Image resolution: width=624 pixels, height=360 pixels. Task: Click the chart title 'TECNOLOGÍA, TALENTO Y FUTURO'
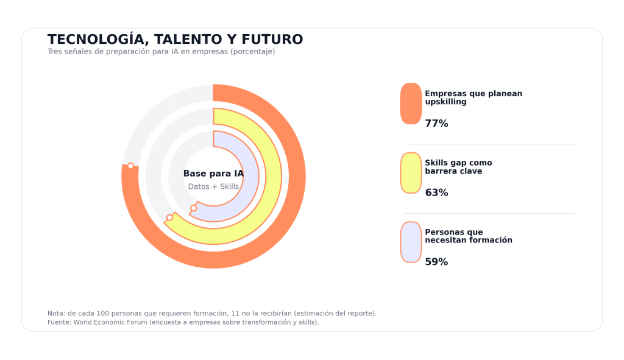pyautogui.click(x=175, y=40)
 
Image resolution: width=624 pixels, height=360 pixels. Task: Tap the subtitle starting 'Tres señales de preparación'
pyautogui.click(x=161, y=52)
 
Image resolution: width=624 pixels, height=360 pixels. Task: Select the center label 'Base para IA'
pyautogui.click(x=213, y=174)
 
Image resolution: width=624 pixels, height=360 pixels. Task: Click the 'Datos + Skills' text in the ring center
pyautogui.click(x=213, y=186)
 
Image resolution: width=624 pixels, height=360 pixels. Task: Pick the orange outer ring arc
pyautogui.click(x=297, y=177)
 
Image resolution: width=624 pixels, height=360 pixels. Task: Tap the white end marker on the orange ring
pyautogui.click(x=130, y=166)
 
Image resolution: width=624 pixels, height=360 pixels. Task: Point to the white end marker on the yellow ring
pyautogui.click(x=170, y=217)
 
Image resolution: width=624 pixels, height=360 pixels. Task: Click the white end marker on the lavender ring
pyautogui.click(x=194, y=208)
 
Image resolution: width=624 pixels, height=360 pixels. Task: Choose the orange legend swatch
pyautogui.click(x=411, y=104)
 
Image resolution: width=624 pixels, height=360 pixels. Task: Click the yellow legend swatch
pyautogui.click(x=411, y=173)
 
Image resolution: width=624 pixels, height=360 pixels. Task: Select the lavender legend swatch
pyautogui.click(x=411, y=242)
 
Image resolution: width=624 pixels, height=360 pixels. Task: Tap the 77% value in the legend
pyautogui.click(x=436, y=124)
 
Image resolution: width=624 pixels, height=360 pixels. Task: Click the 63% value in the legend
pyautogui.click(x=436, y=193)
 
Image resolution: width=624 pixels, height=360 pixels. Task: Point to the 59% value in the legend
pyautogui.click(x=436, y=262)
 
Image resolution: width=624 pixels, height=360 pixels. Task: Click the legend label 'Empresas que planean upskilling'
pyautogui.click(x=473, y=97)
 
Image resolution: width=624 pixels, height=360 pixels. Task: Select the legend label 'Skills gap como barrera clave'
pyautogui.click(x=458, y=167)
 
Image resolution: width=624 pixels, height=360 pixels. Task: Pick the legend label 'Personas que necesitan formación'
pyautogui.click(x=468, y=236)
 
